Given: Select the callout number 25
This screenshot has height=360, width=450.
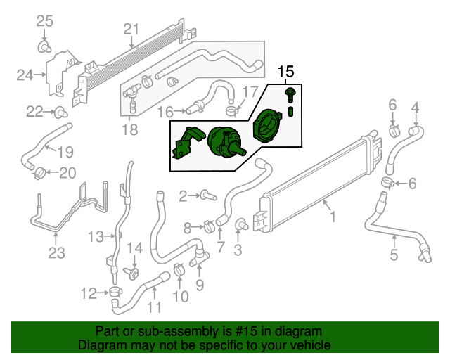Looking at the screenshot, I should tap(44, 21).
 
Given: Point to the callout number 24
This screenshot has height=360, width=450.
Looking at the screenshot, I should tap(25, 74).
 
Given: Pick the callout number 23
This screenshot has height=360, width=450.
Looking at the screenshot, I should tap(56, 252).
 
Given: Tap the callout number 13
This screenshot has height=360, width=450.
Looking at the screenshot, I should tap(96, 236).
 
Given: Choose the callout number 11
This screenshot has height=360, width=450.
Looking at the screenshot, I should tap(154, 307).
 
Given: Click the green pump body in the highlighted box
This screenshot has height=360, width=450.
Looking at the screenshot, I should tap(224, 140).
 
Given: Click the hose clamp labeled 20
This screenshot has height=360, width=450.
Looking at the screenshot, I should tap(40, 172).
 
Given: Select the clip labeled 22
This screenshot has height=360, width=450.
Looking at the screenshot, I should tap(61, 111).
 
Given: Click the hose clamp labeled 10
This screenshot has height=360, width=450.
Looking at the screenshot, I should tap(180, 269).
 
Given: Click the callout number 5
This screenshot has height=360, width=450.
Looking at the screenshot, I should tap(394, 255).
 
